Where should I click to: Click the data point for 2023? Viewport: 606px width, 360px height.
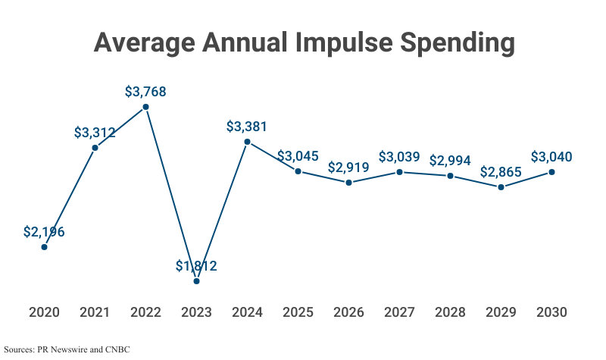pos(196,281)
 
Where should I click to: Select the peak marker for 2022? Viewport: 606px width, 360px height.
pos(145,107)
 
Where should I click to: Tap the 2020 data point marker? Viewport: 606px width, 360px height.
pos(44,247)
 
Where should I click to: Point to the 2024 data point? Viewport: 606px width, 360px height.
pos(247,142)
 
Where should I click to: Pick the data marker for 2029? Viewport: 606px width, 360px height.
pos(501,186)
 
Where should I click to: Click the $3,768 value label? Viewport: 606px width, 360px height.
pos(145,92)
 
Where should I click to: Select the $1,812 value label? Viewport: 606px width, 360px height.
pos(196,265)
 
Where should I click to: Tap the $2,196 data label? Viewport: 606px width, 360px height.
pos(44,232)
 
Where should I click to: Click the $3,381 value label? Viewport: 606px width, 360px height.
pos(247,127)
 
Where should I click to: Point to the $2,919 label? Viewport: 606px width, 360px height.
pos(348,167)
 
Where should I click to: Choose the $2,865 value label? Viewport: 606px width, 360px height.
pos(501,171)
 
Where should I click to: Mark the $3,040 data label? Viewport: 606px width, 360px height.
pos(551,157)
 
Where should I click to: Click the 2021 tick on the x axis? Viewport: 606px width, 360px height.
pos(95,312)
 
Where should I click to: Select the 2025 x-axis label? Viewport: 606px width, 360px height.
pos(298,312)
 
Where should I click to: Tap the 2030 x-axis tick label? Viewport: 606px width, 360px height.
pos(551,312)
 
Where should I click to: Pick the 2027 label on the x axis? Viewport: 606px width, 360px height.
pos(399,312)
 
